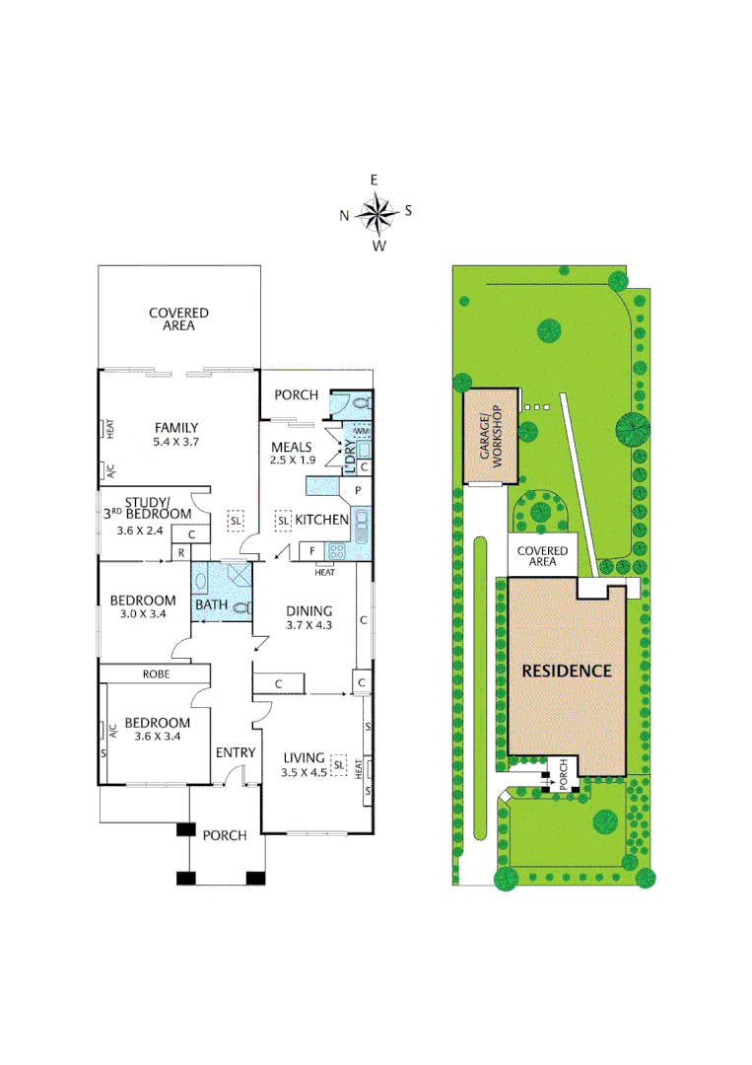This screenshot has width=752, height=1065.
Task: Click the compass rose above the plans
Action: (376, 212)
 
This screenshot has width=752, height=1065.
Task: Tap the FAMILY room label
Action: (177, 428)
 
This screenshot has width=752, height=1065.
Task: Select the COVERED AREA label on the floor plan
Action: (178, 319)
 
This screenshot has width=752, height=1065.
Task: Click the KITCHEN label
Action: (322, 520)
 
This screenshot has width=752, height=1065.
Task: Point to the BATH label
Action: (212, 604)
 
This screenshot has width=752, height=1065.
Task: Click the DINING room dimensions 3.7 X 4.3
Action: (309, 624)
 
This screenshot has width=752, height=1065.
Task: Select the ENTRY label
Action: (236, 752)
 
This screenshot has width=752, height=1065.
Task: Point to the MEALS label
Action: (292, 448)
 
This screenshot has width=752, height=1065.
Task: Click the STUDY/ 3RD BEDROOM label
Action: (148, 507)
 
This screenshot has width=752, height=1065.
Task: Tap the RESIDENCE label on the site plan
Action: (567, 672)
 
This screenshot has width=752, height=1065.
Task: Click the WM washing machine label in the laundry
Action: (362, 432)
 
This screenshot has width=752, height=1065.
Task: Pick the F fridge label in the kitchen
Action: (311, 550)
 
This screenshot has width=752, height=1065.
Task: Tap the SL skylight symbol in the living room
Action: (339, 764)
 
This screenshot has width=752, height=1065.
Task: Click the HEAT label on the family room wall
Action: (110, 430)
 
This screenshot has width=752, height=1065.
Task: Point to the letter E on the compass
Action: (375, 179)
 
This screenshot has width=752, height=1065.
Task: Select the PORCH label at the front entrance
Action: (224, 835)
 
